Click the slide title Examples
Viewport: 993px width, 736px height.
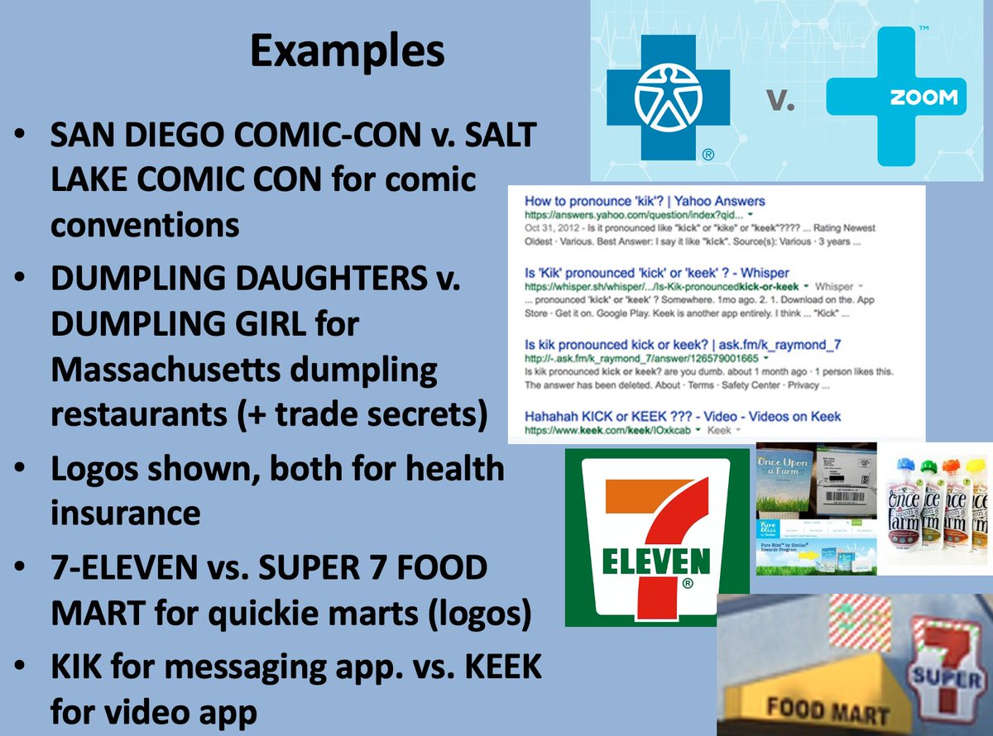pyautogui.click(x=347, y=50)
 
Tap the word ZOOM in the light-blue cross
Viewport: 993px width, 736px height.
pyautogui.click(x=923, y=98)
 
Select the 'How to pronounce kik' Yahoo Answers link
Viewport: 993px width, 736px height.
pyautogui.click(x=645, y=201)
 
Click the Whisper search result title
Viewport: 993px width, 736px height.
pyautogui.click(x=657, y=272)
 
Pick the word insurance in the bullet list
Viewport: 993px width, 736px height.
pyautogui.click(x=126, y=513)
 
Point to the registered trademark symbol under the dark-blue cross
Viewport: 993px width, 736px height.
pyautogui.click(x=708, y=155)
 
